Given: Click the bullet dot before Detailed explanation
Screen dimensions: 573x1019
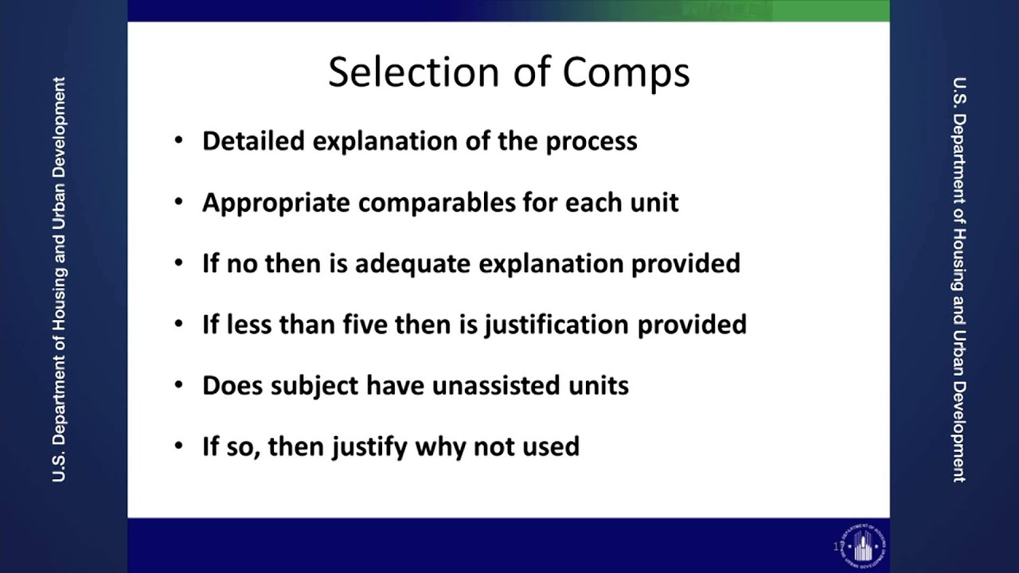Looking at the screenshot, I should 179,142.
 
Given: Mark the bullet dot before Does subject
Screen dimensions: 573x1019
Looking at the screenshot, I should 179,386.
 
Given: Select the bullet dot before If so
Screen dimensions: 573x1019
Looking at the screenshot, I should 179,446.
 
